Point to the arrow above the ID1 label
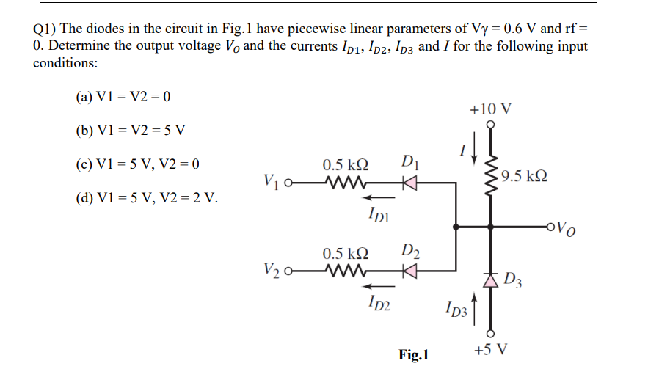[377, 197]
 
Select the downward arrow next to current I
[475, 152]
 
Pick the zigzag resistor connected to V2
[343, 277]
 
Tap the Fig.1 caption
[414, 355]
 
